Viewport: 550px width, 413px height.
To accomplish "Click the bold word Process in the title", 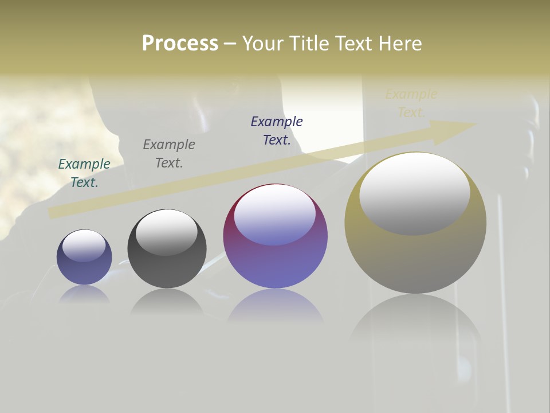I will click(180, 44).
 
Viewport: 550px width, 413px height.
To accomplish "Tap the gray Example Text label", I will click(169, 154).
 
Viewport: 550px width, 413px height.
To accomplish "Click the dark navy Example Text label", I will click(277, 130).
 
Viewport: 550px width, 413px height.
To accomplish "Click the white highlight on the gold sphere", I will click(415, 192).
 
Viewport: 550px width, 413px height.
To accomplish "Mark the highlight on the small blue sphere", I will click(84, 246).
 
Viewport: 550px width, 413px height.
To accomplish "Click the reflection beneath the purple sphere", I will click(275, 307).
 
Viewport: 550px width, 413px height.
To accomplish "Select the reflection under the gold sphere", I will click(415, 321).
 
